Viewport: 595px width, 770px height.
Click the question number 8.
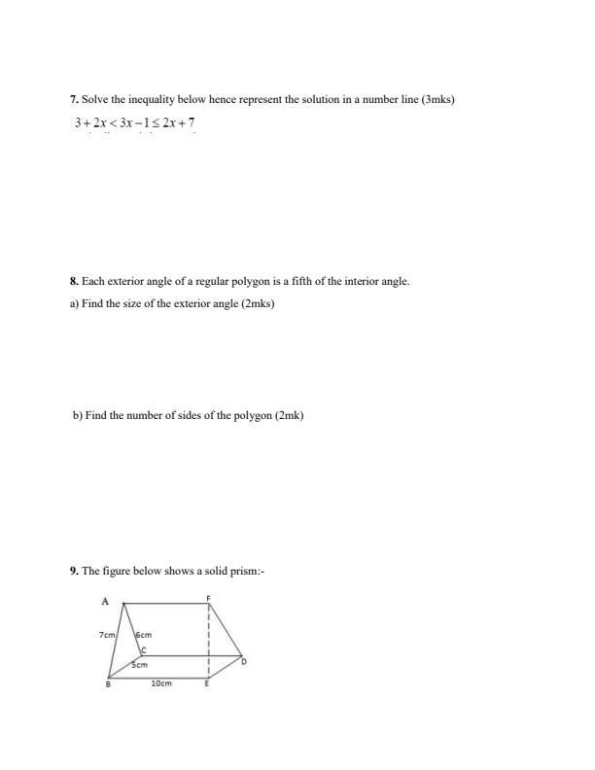coord(74,281)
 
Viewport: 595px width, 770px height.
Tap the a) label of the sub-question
coord(75,303)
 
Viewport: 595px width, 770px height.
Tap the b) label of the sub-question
coord(78,415)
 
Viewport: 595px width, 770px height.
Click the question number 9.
coord(74,572)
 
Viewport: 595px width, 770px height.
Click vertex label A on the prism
coord(104,602)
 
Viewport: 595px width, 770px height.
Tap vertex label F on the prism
coord(208,596)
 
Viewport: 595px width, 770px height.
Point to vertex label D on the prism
coord(243,661)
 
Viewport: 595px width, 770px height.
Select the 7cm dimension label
coord(107,635)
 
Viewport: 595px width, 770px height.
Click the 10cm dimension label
coord(161,684)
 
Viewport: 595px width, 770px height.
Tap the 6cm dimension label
coord(143,635)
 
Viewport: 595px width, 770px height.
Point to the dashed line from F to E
coord(208,642)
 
